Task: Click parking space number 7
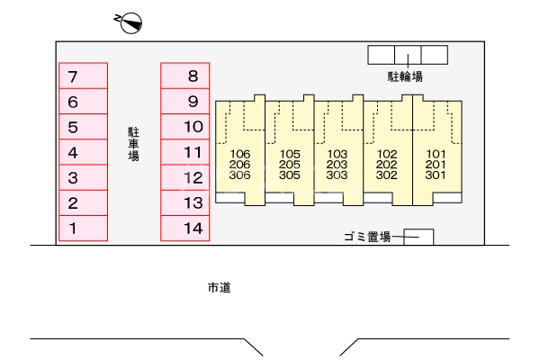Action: tap(83, 76)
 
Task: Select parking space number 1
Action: tap(83, 229)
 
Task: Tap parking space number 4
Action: tap(83, 152)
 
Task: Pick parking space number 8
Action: tap(184, 76)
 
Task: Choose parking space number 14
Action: tap(184, 229)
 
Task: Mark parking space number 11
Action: tap(184, 152)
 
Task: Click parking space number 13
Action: tap(184, 203)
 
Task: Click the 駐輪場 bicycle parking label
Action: tap(405, 76)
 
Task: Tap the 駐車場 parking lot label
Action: tap(133, 144)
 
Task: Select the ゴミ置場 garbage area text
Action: tap(366, 237)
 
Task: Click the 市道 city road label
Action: tap(220, 288)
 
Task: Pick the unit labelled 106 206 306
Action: tap(239, 164)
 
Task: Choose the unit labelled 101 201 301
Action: tap(436, 164)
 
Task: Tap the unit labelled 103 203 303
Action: tap(337, 164)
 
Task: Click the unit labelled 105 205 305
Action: tap(289, 164)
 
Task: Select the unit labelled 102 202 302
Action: tap(387, 164)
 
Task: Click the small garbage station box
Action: tap(418, 237)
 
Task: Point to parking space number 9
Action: tap(184, 102)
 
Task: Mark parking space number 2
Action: tap(83, 203)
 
